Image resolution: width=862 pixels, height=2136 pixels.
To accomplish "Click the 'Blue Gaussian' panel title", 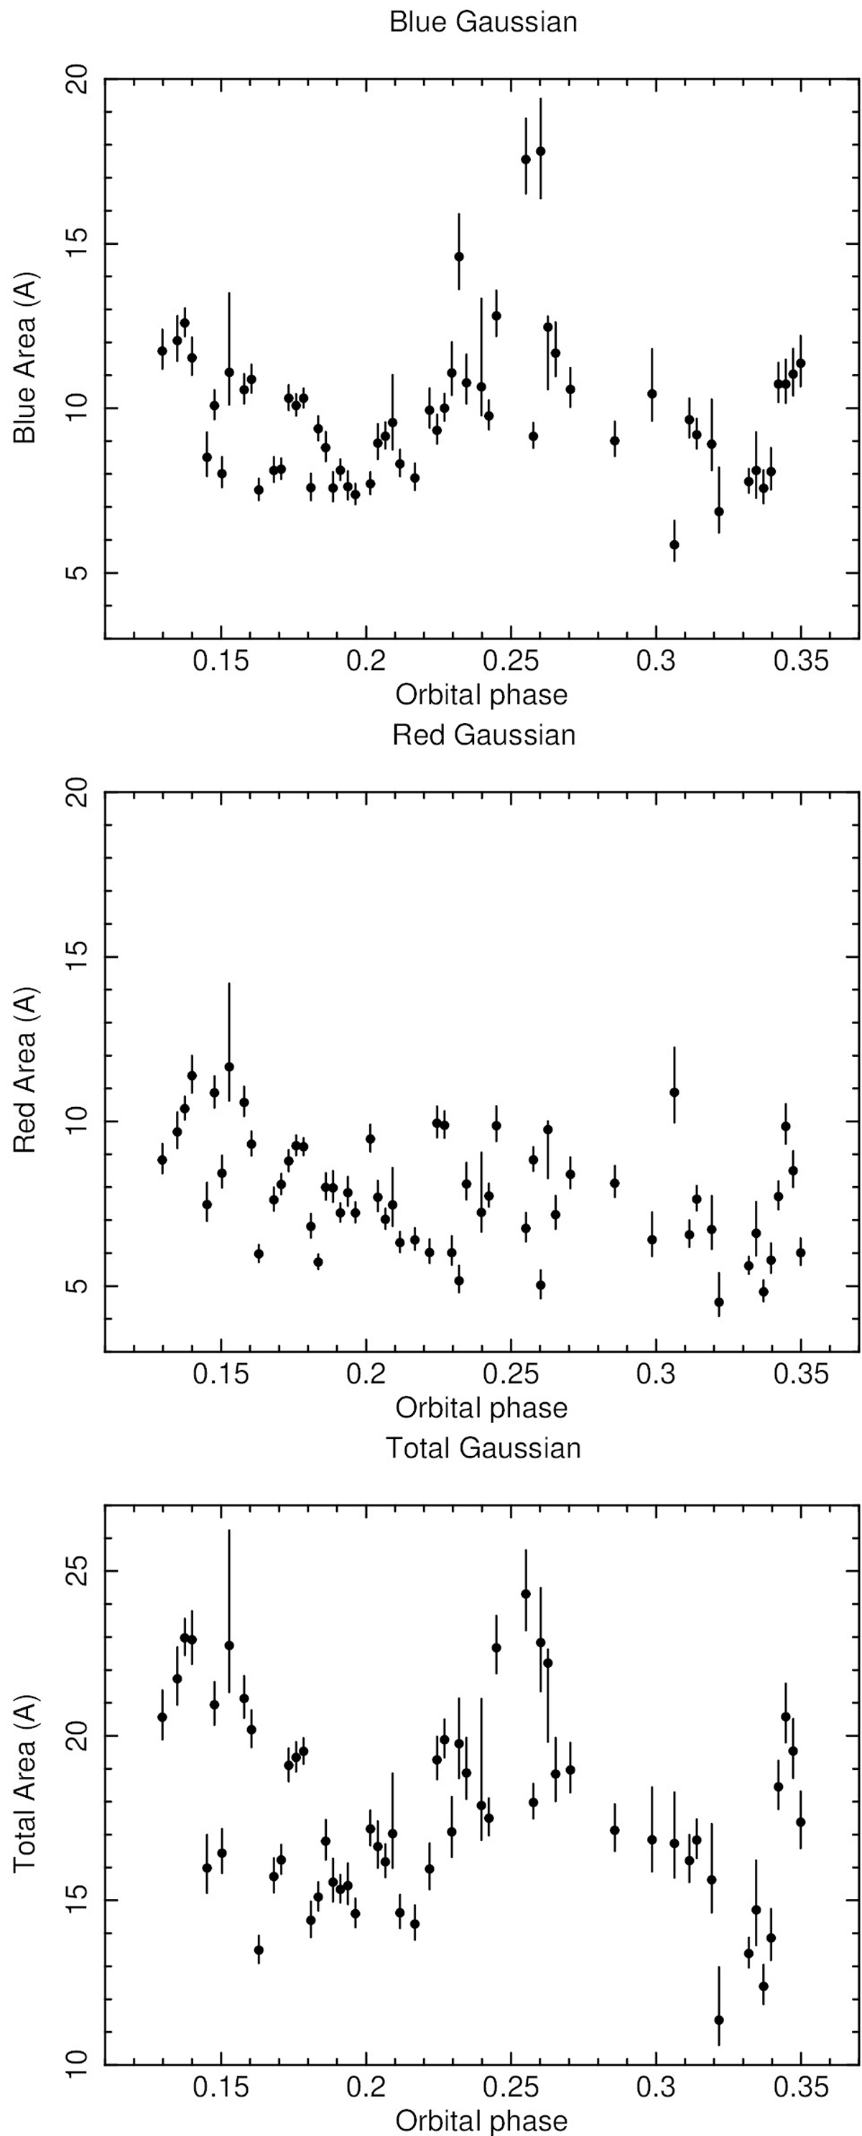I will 483,22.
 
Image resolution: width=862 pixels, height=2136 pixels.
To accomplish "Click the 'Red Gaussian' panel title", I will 483,735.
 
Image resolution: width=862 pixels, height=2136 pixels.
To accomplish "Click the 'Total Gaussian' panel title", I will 483,1447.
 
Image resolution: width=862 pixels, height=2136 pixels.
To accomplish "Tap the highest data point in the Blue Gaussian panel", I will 540,151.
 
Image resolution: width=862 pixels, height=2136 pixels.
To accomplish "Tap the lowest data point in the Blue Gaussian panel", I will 675,545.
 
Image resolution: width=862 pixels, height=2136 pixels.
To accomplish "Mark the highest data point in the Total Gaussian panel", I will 526,1594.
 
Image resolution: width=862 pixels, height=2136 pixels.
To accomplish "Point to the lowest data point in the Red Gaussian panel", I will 718,1302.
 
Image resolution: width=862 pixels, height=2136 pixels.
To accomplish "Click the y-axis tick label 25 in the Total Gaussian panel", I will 77,1572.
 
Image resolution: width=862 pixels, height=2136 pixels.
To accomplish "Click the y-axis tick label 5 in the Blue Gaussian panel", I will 77,573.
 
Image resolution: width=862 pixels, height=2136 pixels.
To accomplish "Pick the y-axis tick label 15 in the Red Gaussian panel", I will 77,956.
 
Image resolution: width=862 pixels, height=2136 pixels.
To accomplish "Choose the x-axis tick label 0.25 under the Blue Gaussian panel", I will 512,663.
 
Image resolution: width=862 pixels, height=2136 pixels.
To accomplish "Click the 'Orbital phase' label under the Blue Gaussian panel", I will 481,695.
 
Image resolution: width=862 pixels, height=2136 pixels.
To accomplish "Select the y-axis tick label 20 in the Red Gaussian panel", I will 77,792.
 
